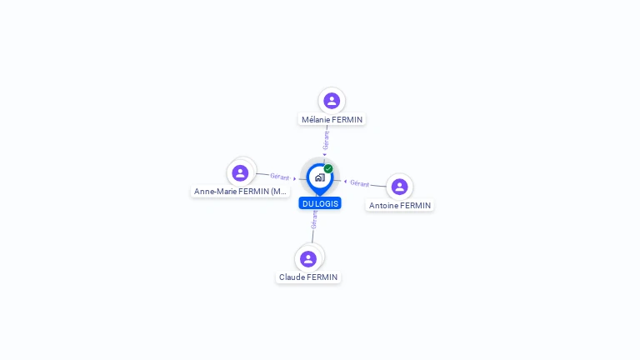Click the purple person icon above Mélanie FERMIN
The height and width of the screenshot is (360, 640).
(332, 101)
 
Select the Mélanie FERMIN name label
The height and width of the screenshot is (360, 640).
(332, 119)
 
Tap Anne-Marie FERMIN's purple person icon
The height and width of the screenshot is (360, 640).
(240, 172)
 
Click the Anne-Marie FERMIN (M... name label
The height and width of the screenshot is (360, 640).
(241, 191)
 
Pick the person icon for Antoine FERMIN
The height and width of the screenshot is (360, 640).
(399, 187)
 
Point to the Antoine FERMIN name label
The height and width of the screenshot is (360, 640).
(400, 205)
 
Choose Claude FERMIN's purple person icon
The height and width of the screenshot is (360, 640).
(308, 258)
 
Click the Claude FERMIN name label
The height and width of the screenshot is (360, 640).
(308, 277)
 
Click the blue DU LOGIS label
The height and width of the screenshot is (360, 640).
(320, 203)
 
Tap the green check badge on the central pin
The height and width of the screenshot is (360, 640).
(328, 168)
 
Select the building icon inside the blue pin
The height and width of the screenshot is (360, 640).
(319, 177)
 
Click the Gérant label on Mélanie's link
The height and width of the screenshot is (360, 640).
(327, 139)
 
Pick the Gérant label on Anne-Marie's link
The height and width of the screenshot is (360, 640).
(279, 177)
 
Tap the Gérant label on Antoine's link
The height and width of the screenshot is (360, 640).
(359, 182)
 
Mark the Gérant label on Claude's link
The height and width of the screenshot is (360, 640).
(314, 219)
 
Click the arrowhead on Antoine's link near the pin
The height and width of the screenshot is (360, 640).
(345, 181)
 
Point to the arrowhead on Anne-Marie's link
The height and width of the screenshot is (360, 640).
(295, 178)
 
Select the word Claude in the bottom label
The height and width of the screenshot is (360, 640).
(292, 277)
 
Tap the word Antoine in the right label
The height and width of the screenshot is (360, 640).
(384, 205)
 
